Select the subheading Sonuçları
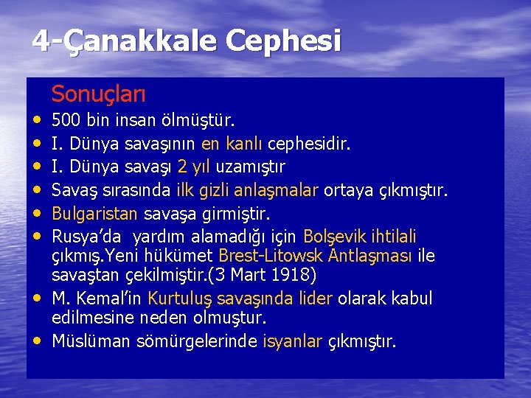pyautogui.click(x=99, y=94)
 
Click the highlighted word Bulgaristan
pyautogui.click(x=95, y=214)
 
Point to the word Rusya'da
pyautogui.click(x=80, y=237)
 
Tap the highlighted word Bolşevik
pyautogui.click(x=336, y=237)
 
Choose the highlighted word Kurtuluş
pyautogui.click(x=181, y=299)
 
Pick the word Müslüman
pyautogui.click(x=87, y=341)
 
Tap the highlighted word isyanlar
pyautogui.click(x=292, y=341)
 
